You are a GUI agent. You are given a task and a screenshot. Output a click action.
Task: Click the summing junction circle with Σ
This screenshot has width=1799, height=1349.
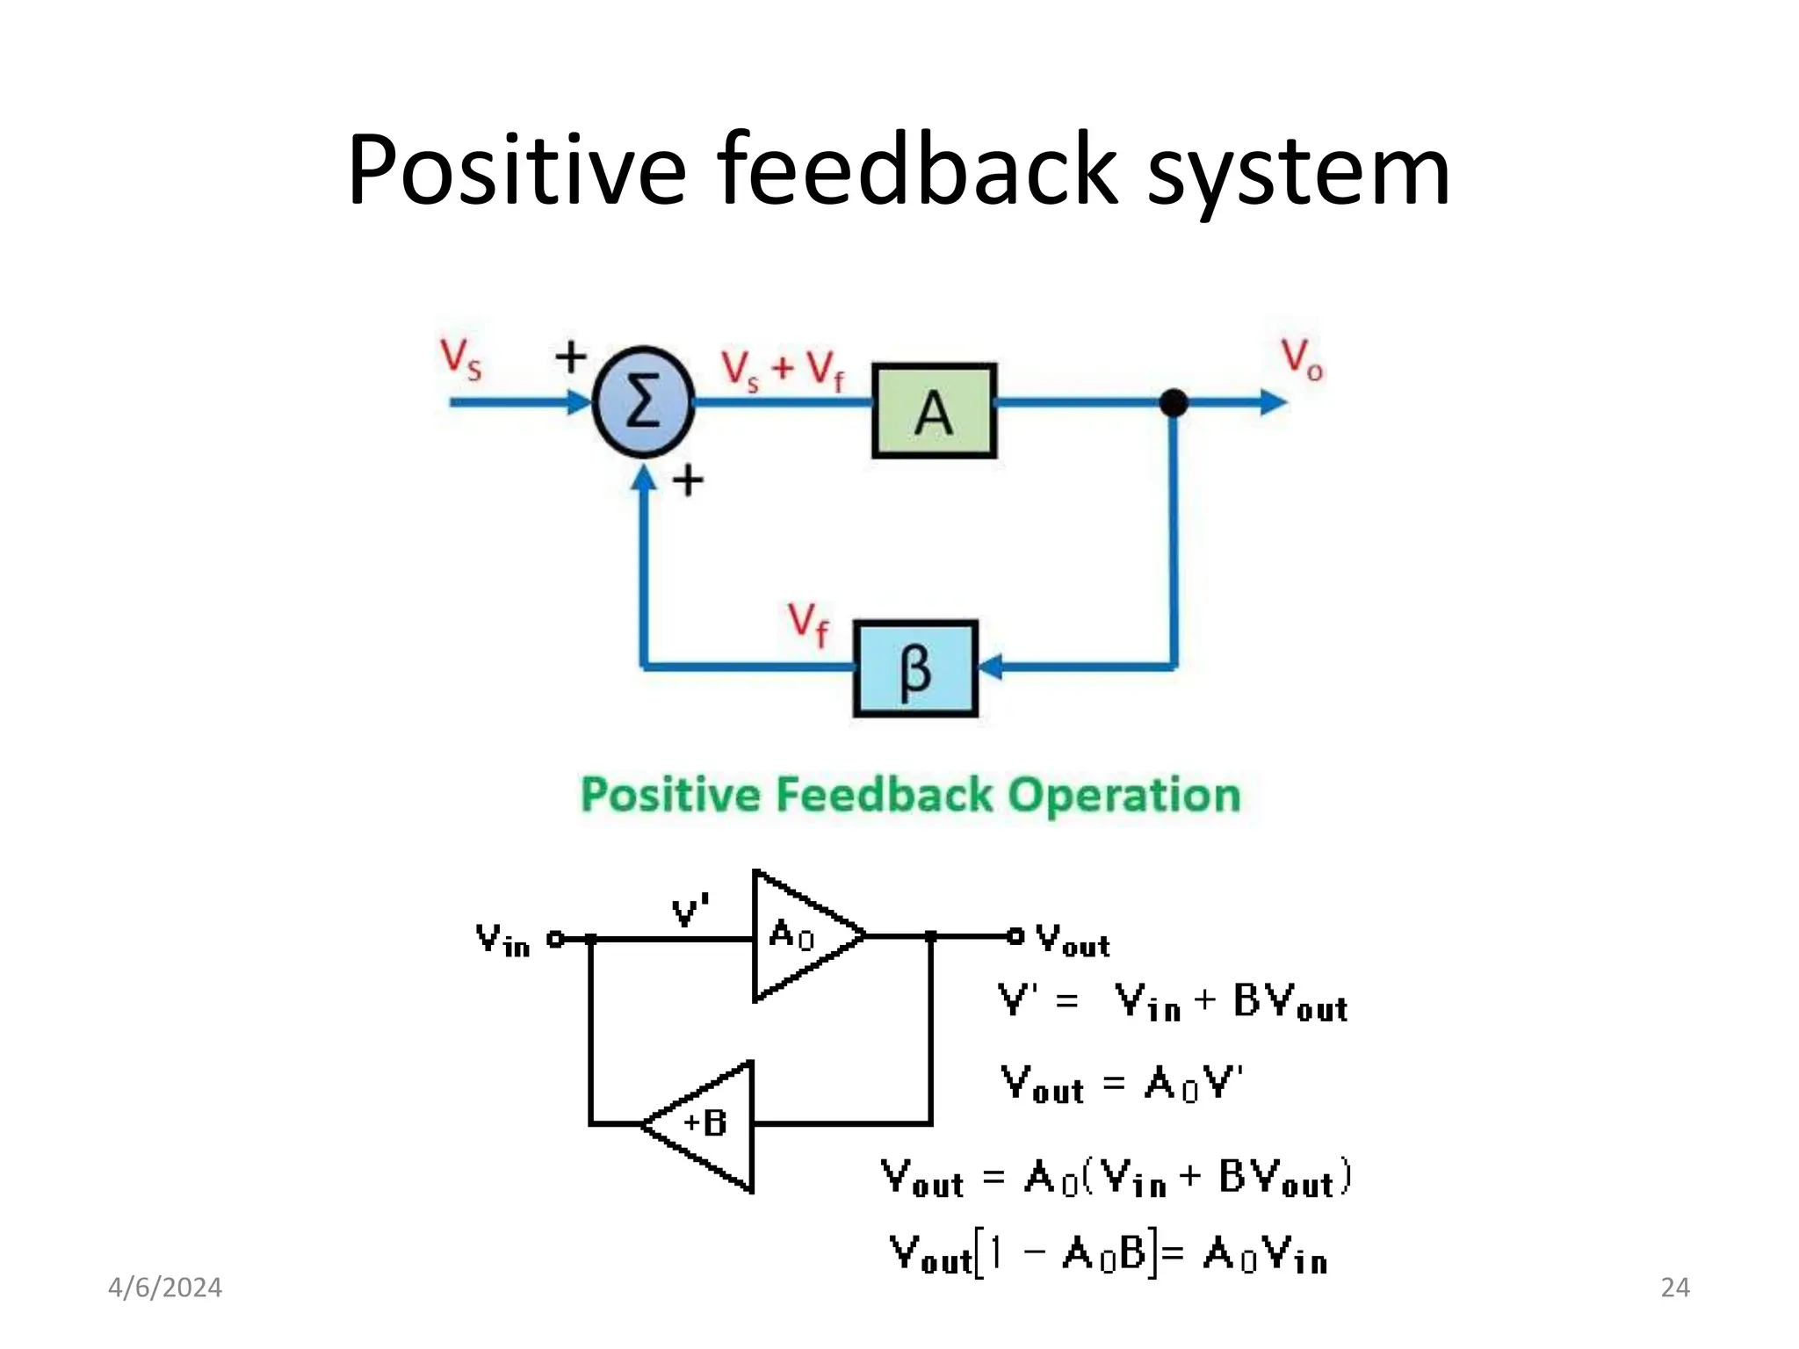(x=644, y=402)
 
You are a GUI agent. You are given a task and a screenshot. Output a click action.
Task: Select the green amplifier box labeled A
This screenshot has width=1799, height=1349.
(x=934, y=411)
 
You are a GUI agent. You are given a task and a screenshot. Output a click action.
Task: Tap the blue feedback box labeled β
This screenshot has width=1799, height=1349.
(x=915, y=669)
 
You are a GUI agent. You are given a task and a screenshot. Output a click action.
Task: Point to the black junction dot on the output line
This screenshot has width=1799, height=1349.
(x=1174, y=403)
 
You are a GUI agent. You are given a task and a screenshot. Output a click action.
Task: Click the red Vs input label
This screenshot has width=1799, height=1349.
(x=460, y=359)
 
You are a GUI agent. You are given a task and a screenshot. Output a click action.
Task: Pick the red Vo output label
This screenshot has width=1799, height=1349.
(x=1301, y=359)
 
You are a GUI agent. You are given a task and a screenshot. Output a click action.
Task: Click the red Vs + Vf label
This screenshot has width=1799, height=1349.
(x=782, y=370)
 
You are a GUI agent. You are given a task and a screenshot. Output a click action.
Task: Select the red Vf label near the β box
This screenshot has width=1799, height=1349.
(x=807, y=623)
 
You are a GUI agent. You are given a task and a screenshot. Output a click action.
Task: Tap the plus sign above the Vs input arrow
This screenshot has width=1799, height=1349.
(x=571, y=357)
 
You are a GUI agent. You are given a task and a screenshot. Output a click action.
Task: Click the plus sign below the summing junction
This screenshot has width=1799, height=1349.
(x=688, y=480)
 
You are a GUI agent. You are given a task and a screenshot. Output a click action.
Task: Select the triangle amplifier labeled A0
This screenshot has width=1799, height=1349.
(x=799, y=935)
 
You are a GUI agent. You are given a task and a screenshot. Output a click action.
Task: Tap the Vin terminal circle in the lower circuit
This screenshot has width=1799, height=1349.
(x=555, y=939)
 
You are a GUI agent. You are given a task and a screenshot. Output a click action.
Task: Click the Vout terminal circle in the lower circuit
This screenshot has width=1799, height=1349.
(x=1015, y=936)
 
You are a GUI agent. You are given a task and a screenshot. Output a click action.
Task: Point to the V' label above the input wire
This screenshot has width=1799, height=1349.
(x=690, y=912)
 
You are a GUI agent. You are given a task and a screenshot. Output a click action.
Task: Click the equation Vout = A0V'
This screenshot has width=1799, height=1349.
(x=1122, y=1085)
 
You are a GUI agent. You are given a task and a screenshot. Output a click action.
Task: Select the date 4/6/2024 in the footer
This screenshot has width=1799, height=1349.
(x=165, y=1288)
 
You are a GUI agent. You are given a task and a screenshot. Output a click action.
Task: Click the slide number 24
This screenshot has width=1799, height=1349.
(x=1675, y=1288)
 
